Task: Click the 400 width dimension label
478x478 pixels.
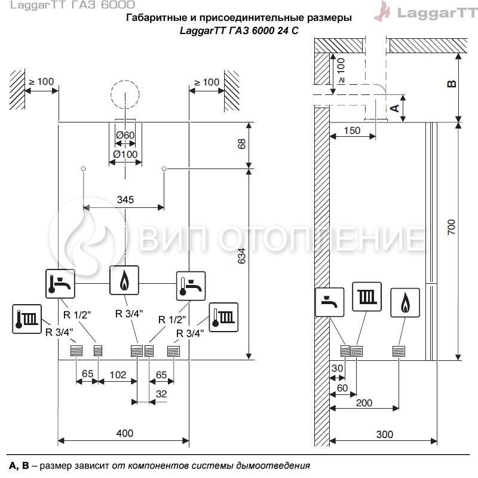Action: [x=125, y=433]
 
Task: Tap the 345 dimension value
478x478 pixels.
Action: [x=125, y=200]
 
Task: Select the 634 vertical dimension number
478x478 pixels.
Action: [x=241, y=256]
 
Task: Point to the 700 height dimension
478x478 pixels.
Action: [x=451, y=227]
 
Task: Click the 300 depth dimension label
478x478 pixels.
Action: [x=384, y=434]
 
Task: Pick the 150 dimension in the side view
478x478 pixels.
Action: [x=352, y=130]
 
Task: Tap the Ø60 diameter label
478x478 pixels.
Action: [x=125, y=135]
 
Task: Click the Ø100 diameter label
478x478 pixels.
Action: [x=125, y=154]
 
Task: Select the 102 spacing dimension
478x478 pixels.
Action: [x=118, y=375]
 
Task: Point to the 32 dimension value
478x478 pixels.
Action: [x=161, y=394]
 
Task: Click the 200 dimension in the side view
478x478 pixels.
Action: [x=364, y=403]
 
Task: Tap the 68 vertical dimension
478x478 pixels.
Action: [x=241, y=144]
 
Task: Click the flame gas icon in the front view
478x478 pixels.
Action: [x=124, y=280]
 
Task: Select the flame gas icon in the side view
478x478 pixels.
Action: [x=405, y=303]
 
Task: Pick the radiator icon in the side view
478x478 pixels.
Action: [x=367, y=296]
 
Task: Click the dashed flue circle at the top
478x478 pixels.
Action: [x=125, y=81]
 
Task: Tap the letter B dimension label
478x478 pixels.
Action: [x=452, y=84]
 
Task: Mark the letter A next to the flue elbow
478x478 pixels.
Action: [x=394, y=108]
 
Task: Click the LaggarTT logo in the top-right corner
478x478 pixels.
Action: [x=426, y=12]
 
